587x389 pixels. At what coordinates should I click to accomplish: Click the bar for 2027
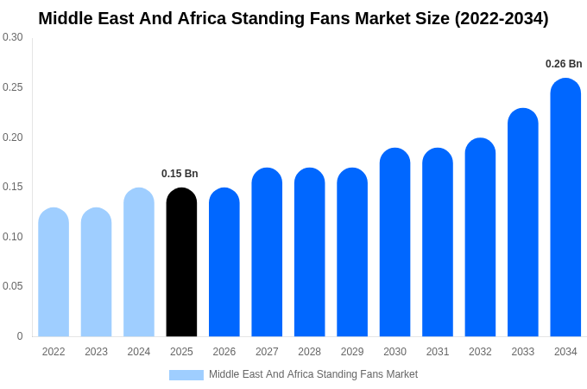(x=267, y=252)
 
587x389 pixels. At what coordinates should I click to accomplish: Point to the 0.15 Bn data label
(x=180, y=174)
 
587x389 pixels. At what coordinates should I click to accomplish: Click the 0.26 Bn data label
(x=564, y=64)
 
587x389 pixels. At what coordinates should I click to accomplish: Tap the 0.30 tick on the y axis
(x=13, y=37)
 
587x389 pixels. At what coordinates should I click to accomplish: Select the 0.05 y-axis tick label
(x=13, y=286)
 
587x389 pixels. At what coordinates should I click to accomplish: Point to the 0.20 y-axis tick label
(x=13, y=137)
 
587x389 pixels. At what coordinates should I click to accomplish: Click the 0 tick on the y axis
(x=20, y=336)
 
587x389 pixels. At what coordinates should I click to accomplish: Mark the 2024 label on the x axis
(x=139, y=352)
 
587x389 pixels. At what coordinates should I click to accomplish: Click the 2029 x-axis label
(x=352, y=352)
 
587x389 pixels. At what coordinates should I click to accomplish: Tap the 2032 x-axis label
(x=480, y=352)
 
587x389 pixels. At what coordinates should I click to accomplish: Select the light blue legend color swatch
(x=186, y=375)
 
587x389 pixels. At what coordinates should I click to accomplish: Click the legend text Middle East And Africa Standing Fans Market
(x=312, y=374)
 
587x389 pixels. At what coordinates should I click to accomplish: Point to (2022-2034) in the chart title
(x=501, y=18)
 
